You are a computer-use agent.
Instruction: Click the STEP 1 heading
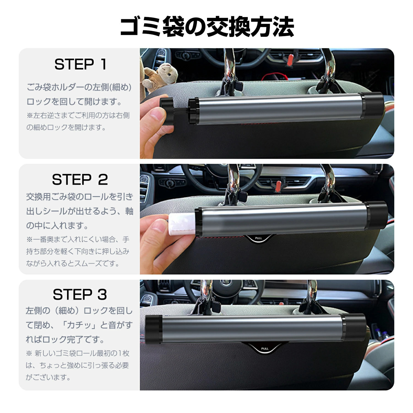[80, 64]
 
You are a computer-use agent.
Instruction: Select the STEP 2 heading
[80, 180]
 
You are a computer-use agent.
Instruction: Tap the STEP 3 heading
[80, 295]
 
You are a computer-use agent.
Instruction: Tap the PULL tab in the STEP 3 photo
[265, 349]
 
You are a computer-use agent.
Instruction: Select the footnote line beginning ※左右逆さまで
[78, 115]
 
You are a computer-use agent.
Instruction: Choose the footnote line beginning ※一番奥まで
[78, 239]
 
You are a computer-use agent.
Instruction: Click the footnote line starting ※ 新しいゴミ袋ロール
[78, 353]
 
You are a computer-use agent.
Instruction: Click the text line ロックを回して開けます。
[74, 102]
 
